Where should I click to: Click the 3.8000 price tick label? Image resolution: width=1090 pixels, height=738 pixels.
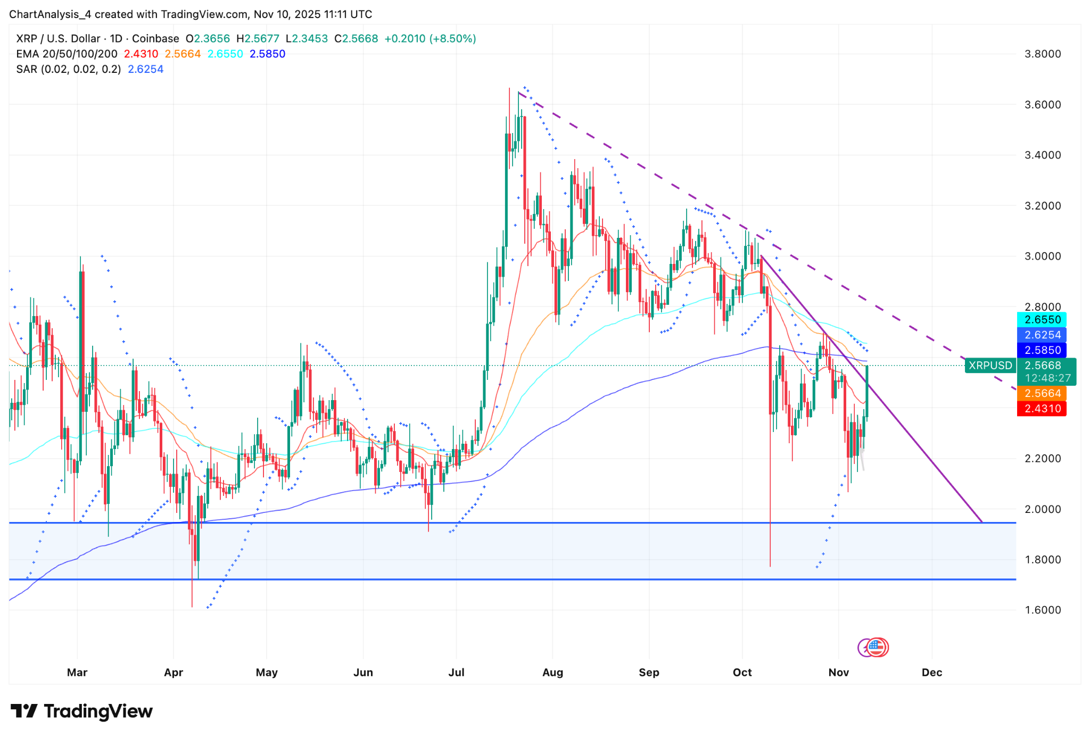click(x=1042, y=54)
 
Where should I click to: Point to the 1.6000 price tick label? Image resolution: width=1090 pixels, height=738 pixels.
click(x=1042, y=610)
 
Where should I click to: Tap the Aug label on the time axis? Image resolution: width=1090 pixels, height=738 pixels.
click(x=552, y=673)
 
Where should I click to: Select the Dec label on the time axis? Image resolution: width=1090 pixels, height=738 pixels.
click(x=932, y=673)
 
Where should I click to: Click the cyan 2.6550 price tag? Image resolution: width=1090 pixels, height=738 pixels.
click(x=1042, y=320)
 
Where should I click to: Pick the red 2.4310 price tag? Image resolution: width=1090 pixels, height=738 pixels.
click(x=1042, y=409)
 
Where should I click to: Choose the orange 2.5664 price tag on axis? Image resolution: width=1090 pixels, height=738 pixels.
click(x=1042, y=393)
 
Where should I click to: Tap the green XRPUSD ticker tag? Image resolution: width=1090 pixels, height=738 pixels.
click(x=990, y=366)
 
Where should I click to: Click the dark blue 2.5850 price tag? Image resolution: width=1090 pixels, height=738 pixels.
click(x=1042, y=350)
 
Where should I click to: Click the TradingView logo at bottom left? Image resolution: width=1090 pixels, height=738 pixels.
click(x=81, y=711)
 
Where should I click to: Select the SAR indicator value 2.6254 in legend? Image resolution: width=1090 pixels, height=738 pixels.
click(x=145, y=69)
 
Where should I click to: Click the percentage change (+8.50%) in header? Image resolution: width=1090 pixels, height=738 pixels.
click(x=452, y=39)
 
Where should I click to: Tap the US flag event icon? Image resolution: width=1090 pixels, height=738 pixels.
click(x=876, y=648)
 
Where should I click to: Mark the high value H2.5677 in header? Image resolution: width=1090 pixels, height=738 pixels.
click(x=258, y=39)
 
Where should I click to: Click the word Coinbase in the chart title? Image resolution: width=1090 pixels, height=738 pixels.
click(x=155, y=39)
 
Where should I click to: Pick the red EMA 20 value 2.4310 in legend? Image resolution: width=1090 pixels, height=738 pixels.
click(x=141, y=54)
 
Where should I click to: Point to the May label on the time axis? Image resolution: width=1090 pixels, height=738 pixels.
click(x=267, y=673)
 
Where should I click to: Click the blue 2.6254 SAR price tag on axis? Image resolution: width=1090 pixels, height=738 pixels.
click(x=1042, y=335)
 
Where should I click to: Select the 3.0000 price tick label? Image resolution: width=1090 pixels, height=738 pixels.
click(x=1042, y=256)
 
